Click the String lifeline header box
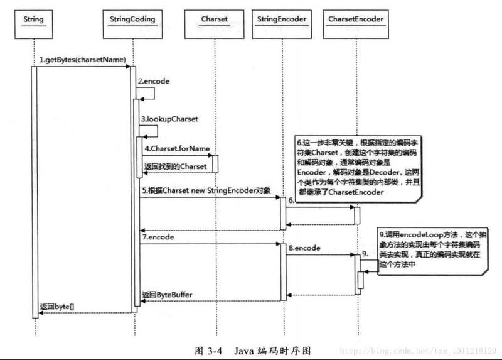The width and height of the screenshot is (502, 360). [x=33, y=19]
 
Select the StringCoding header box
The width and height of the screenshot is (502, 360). [x=133, y=19]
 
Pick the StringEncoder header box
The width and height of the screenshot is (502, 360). [x=282, y=19]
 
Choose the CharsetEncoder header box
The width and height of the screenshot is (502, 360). [x=356, y=19]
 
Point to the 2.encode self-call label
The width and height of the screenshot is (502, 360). [x=154, y=82]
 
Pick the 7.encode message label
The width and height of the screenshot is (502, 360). [x=158, y=237]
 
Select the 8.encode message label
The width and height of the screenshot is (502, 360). [x=304, y=248]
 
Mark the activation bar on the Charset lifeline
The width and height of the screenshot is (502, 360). [x=215, y=163]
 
